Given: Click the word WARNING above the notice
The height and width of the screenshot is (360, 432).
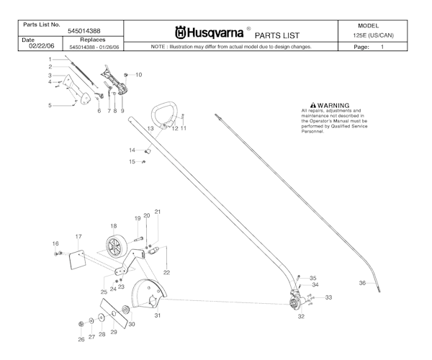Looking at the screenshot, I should coord(332,105).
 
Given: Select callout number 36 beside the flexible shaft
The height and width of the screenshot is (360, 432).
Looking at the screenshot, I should coord(362,283).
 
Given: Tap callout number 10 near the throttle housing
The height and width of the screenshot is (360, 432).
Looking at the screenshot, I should coord(138,75).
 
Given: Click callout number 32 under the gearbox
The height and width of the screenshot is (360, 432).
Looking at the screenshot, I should coord(301,316).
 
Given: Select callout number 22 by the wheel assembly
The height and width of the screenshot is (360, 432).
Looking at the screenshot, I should coord(166,272).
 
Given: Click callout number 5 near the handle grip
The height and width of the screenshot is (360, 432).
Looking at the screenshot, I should coord(50,106).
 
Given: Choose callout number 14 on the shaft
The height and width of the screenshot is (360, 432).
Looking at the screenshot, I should coord(132,150).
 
